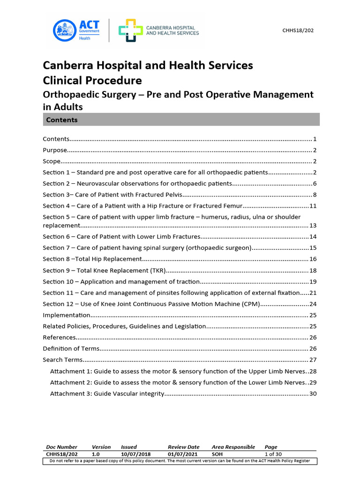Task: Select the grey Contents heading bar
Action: pos(181,120)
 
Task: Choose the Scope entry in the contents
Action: pos(52,161)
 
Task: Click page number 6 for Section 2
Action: pos(315,183)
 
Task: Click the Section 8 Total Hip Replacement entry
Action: pos(92,259)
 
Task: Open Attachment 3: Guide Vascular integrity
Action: pos(106,393)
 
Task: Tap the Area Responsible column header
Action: pos(233,447)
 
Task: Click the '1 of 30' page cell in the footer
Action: pos(273,454)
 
